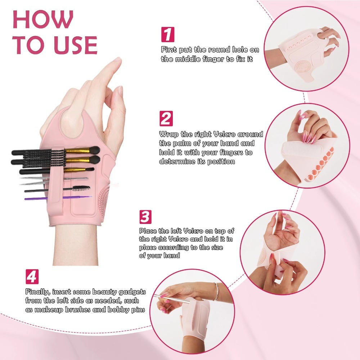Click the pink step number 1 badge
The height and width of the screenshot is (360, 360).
click(x=168, y=35)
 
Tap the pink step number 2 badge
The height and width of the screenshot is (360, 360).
click(x=166, y=118)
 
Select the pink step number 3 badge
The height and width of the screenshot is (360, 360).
click(x=145, y=217)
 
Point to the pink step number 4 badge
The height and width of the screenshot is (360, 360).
click(x=32, y=276)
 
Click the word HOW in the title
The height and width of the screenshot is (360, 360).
click(x=43, y=19)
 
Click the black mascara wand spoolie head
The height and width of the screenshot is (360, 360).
click(x=81, y=188)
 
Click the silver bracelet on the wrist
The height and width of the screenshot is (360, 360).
click(x=216, y=291)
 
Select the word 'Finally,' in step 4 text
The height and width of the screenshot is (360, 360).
click(x=37, y=292)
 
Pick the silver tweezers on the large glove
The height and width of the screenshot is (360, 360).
click(x=54, y=180)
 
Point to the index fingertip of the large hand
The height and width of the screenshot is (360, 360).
click(x=117, y=60)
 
